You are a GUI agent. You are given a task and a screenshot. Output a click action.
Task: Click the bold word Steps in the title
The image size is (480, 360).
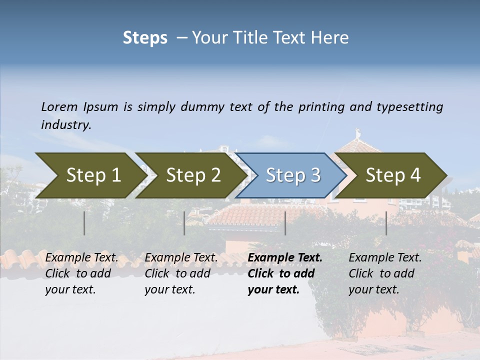pos(145,38)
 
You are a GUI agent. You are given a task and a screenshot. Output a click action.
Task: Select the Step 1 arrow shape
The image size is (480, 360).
pos(90,175)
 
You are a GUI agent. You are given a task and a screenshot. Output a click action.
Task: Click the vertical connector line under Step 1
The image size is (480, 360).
pos(84,223)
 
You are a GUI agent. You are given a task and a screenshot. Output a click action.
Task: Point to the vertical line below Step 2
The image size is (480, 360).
pos(184,223)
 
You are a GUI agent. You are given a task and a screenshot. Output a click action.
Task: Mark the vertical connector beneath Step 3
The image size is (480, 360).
pos(285,223)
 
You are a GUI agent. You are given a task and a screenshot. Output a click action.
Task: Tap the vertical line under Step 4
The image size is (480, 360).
pos(386,223)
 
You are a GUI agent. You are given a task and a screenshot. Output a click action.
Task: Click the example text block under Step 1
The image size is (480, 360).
pos(81,273)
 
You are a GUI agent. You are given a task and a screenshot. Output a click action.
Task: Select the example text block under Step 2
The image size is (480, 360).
pos(181,273)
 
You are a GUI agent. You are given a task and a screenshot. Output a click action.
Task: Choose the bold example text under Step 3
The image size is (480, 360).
pos(285,273)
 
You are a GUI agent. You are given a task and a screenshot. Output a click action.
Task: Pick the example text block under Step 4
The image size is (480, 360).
pos(385,273)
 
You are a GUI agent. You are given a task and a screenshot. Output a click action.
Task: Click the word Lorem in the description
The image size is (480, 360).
pos(59,107)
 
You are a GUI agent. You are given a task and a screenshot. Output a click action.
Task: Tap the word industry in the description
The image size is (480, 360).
pos(66,125)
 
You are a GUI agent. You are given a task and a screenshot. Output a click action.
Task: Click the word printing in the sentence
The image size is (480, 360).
pos(320,107)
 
